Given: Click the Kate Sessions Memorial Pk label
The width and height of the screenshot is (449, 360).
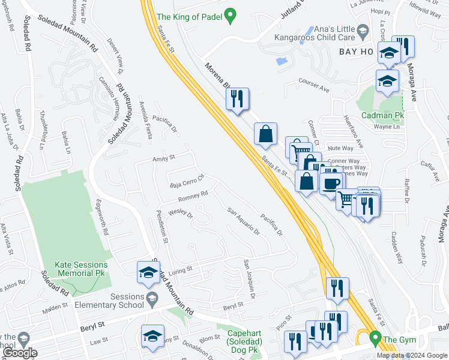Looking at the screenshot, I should (x=81, y=268).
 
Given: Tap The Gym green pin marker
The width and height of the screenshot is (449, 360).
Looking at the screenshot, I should (x=376, y=339).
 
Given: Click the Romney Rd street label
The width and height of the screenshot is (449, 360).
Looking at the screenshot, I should (x=193, y=196).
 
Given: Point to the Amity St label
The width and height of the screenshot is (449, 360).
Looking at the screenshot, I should (x=163, y=158).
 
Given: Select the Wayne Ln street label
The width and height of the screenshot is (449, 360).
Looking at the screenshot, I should (x=387, y=127).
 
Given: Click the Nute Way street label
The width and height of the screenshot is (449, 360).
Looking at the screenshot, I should (x=341, y=148).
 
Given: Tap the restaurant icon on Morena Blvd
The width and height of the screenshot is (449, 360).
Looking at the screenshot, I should (x=238, y=99).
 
